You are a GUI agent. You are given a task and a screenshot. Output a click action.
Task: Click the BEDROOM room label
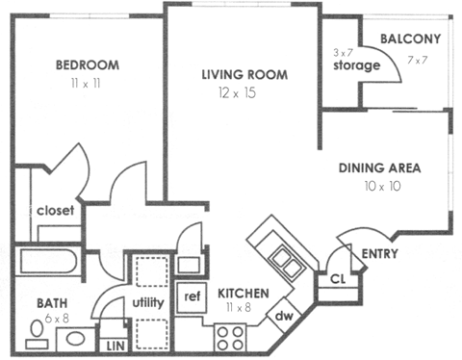pos(87,65)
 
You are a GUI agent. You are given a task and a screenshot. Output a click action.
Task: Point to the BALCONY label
pos(410,39)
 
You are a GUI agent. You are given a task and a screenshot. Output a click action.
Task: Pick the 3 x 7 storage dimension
pos(343,51)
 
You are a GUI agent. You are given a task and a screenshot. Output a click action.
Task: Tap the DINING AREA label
pos(380,167)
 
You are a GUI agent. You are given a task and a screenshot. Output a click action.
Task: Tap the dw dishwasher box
pos(285,315)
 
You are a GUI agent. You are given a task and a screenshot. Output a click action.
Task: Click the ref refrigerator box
pos(192,296)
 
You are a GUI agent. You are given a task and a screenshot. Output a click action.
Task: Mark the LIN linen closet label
pos(115,344)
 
